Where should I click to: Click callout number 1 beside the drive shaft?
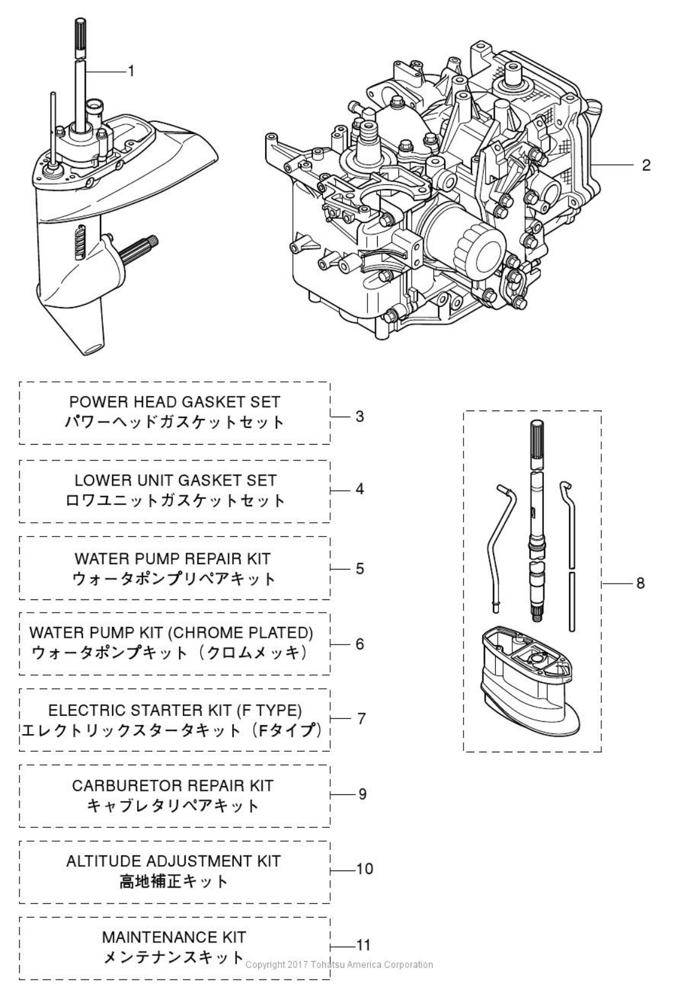130,71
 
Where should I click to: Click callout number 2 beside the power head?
646,165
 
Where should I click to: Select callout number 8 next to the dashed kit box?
640,583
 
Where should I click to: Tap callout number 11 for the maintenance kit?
363,945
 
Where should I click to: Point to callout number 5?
359,568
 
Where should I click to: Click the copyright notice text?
339,964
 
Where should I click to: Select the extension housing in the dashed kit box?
527,685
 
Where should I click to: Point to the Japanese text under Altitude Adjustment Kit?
173,881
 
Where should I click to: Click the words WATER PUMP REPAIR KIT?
172,558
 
